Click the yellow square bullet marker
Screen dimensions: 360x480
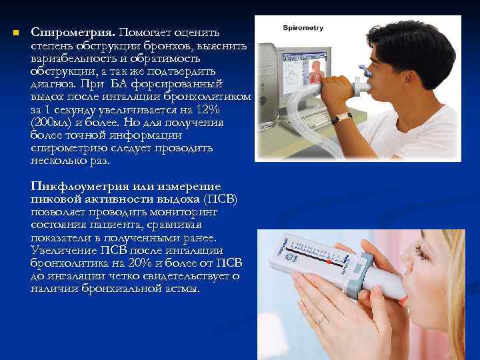point(15,33)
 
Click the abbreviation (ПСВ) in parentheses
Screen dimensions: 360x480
point(219,199)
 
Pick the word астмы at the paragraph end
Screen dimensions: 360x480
point(181,288)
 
